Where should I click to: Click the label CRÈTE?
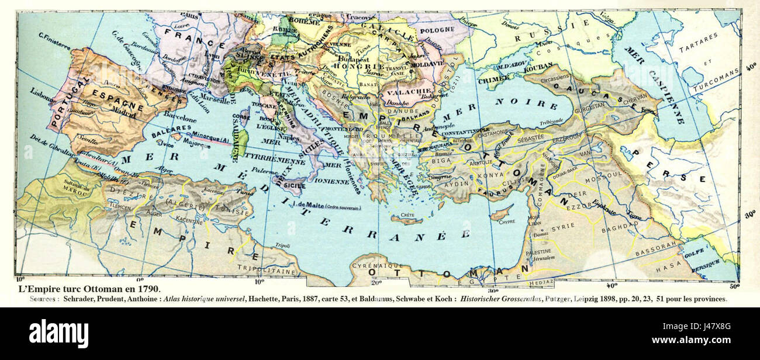click(x=407, y=216)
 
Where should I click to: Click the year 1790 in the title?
click(x=147, y=289)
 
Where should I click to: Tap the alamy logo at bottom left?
click(x=58, y=334)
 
